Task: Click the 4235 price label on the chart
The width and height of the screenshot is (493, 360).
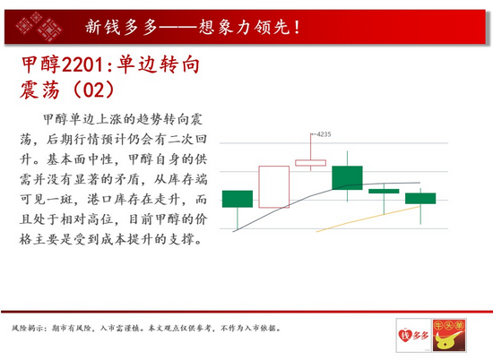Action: (324, 134)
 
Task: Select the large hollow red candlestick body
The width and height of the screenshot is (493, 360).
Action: (274, 187)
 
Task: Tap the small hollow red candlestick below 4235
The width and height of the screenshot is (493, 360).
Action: (310, 163)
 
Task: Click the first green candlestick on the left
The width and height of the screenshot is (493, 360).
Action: (238, 199)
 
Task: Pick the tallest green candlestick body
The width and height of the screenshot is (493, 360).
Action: (347, 178)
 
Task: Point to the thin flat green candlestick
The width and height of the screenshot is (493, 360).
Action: (384, 191)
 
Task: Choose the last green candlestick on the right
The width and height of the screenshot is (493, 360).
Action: (420, 199)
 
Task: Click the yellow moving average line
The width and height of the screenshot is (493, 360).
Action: (368, 219)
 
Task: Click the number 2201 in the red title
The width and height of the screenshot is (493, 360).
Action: (82, 64)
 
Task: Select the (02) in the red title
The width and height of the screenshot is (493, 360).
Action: (93, 90)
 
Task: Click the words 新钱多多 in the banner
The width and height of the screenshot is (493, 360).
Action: (121, 28)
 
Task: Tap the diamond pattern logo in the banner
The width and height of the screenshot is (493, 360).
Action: (39, 27)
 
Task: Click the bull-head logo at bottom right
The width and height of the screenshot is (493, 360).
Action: (449, 335)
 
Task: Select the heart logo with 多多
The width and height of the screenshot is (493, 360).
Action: (413, 335)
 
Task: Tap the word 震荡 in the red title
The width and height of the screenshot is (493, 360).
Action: (39, 90)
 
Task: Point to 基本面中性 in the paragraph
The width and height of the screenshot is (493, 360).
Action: (80, 159)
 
